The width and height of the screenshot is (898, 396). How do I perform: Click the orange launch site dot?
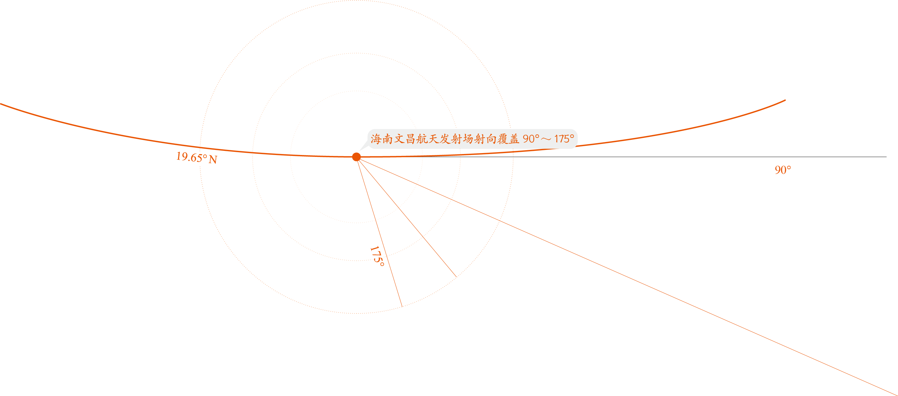click(x=356, y=157)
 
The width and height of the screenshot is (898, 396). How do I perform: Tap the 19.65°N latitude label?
click(x=197, y=158)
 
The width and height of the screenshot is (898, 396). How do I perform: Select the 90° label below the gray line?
click(x=783, y=170)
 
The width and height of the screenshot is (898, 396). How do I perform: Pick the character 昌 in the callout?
click(x=410, y=139)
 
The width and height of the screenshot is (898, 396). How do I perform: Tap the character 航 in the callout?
click(x=422, y=139)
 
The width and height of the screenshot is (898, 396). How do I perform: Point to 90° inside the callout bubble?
click(x=531, y=139)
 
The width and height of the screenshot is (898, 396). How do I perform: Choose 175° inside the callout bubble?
click(x=564, y=139)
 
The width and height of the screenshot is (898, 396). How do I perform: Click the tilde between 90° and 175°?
click(x=546, y=140)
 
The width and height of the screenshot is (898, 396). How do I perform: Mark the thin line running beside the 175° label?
click(x=379, y=232)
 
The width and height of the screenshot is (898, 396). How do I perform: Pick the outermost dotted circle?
click(x=356, y=1)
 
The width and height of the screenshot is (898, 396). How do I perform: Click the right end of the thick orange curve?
click(x=785, y=100)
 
